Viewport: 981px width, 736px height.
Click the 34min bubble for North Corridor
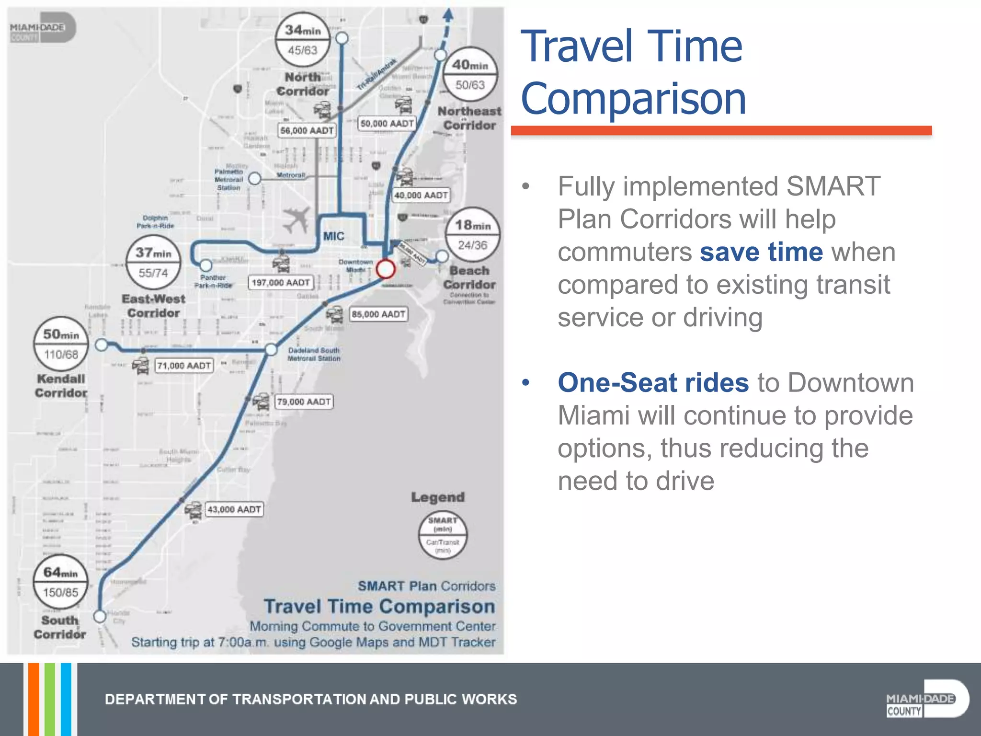pos(303,40)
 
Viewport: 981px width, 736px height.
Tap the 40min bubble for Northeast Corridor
pos(470,74)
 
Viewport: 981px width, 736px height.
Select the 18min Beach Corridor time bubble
pos(472,235)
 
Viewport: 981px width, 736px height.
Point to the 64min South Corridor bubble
pos(60,582)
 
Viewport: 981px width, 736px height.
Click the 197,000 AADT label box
pos(281,283)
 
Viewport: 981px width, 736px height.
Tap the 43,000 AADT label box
pos(234,509)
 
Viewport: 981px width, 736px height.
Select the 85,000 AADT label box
pos(378,314)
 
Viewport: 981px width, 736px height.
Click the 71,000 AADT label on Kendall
pos(184,366)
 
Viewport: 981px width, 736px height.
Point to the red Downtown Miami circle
pos(386,269)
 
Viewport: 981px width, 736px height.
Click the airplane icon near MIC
pos(297,219)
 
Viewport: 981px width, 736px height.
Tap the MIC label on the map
pos(333,236)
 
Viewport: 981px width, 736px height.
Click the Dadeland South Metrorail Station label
pos(314,354)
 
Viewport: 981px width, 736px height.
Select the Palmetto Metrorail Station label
pos(228,180)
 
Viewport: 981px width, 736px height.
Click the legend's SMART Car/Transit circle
pos(443,535)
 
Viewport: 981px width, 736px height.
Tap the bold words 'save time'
pos(761,252)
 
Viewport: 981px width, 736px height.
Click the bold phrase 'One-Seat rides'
pos(653,382)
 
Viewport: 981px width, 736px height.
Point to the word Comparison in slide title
pos(633,99)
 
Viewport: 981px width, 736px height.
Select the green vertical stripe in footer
pos(49,699)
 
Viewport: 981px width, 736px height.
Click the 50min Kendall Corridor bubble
pos(61,344)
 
